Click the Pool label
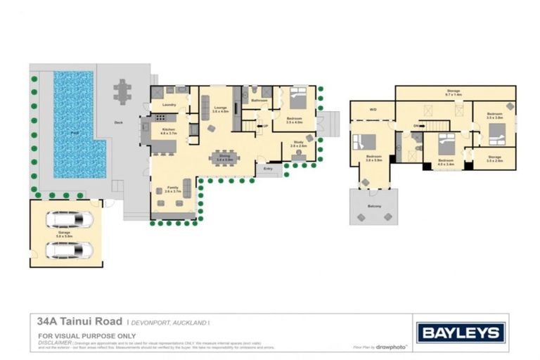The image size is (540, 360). tap(75, 132)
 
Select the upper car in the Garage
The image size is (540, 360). tap(69, 221)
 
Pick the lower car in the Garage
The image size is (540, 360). tap(69, 250)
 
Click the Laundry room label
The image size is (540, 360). tap(169, 105)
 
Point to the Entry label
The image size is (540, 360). tap(268, 169)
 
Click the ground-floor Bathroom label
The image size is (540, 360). tap(260, 101)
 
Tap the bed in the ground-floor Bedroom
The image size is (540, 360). tap(297, 98)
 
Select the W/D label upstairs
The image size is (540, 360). tap(372, 110)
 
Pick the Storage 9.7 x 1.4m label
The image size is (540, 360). tap(454, 92)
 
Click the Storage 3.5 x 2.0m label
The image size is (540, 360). tap(494, 158)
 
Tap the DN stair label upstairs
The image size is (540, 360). tap(416, 127)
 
